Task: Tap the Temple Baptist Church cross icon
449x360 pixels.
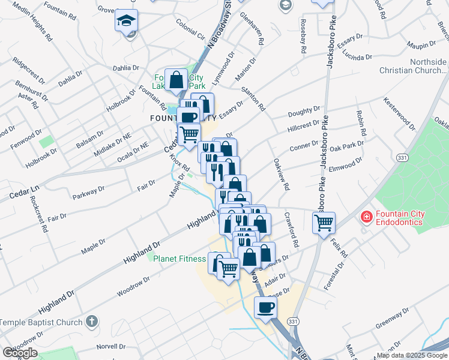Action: (91, 322)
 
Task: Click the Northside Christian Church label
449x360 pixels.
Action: (412, 66)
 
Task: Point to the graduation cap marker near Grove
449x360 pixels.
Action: (127, 22)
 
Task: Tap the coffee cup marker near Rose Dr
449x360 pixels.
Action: (266, 308)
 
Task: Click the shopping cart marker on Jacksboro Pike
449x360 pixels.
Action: (324, 223)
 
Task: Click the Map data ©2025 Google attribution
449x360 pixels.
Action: (412, 355)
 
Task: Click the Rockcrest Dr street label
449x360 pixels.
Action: (37, 211)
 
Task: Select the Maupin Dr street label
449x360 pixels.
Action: (421, 45)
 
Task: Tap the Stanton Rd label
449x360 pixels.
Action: (253, 99)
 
